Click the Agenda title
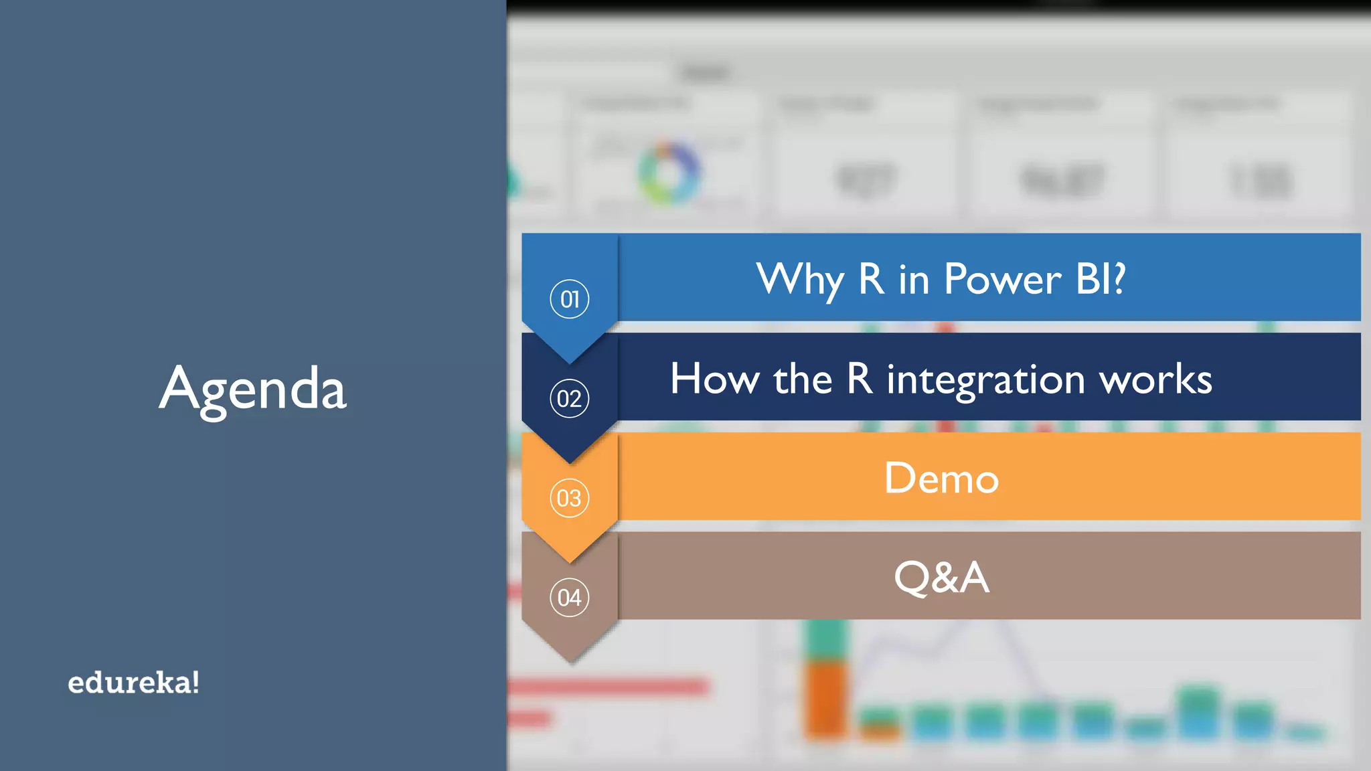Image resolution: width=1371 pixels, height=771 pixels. [252, 389]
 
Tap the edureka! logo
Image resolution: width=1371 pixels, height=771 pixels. [133, 683]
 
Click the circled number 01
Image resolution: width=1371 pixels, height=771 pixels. [569, 298]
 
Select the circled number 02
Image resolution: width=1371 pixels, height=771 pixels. [569, 398]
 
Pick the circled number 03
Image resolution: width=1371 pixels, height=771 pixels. [569, 498]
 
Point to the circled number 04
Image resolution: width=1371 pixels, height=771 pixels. [569, 597]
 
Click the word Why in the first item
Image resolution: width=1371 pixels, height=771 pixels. [800, 280]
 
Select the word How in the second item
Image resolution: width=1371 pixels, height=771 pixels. [714, 379]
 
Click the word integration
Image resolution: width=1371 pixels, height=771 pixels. [985, 380]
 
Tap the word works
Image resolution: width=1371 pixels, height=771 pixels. [1156, 379]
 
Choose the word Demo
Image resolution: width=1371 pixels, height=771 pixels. [941, 478]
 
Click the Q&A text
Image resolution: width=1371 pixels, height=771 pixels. [941, 577]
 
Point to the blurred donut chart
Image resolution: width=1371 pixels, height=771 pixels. [668, 172]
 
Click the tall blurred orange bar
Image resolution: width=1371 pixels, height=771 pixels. [825, 699]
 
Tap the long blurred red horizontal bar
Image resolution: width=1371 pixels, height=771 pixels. [608, 686]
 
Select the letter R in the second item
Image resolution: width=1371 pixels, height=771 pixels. [860, 379]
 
